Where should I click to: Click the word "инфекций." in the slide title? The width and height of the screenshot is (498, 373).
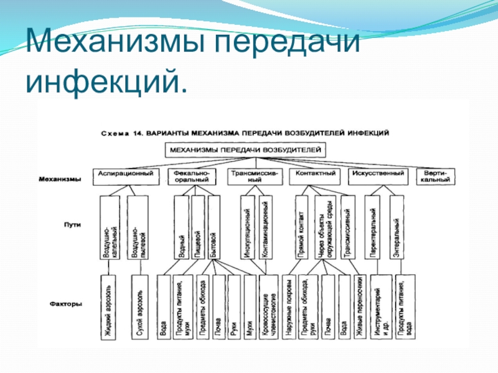106,82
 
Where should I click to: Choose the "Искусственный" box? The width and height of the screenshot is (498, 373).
377,173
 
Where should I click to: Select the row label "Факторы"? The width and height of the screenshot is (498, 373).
67,304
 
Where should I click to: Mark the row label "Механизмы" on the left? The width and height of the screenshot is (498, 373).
60,179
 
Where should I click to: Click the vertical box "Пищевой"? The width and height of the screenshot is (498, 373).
197,228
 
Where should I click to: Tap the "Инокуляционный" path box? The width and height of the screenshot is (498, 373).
247,228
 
